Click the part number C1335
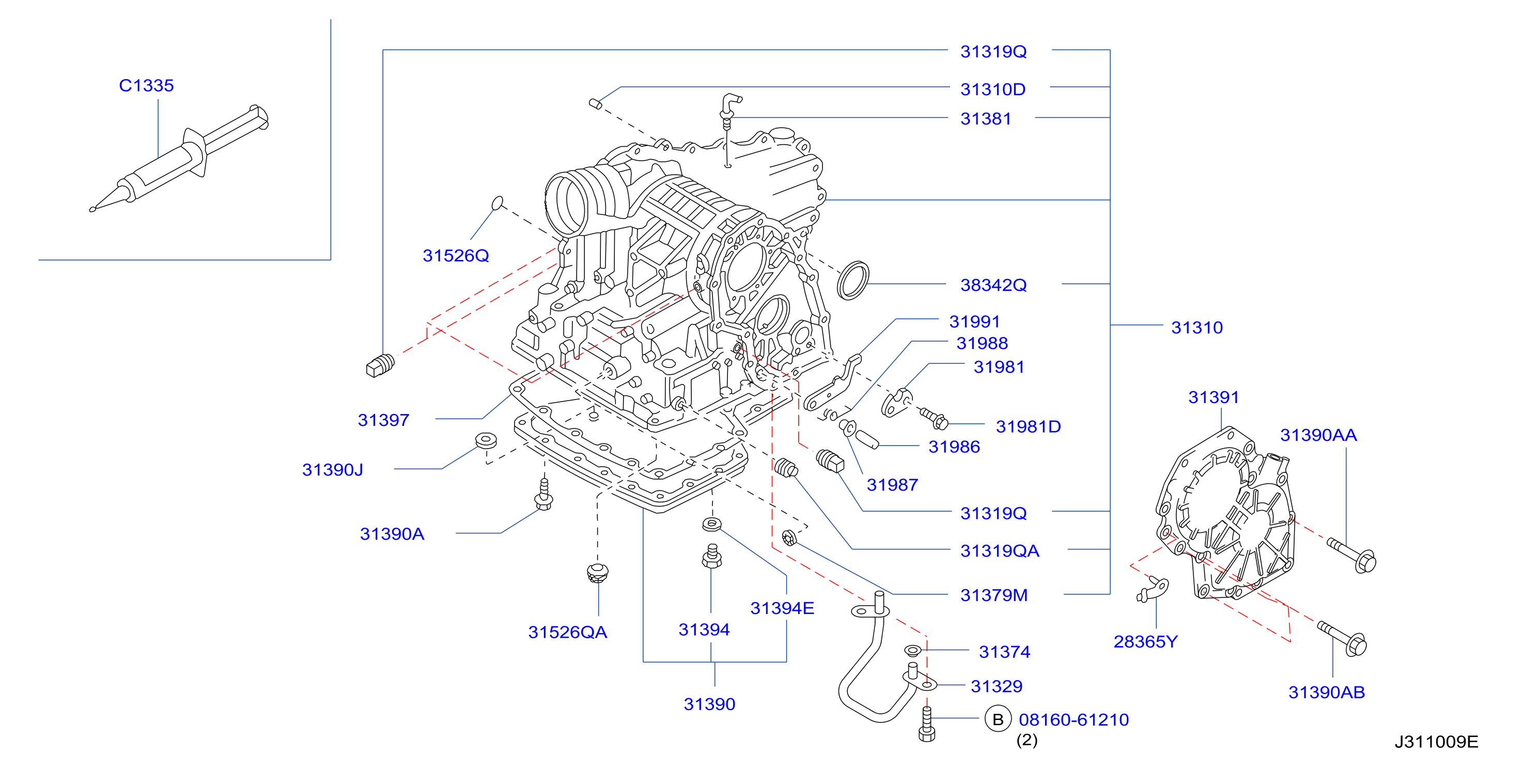coord(146,85)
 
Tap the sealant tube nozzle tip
coord(92,209)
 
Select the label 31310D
coord(993,89)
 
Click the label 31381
coord(986,118)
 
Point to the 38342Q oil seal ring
coord(852,280)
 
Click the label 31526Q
coord(456,256)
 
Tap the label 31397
coord(383,420)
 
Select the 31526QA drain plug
coord(597,572)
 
